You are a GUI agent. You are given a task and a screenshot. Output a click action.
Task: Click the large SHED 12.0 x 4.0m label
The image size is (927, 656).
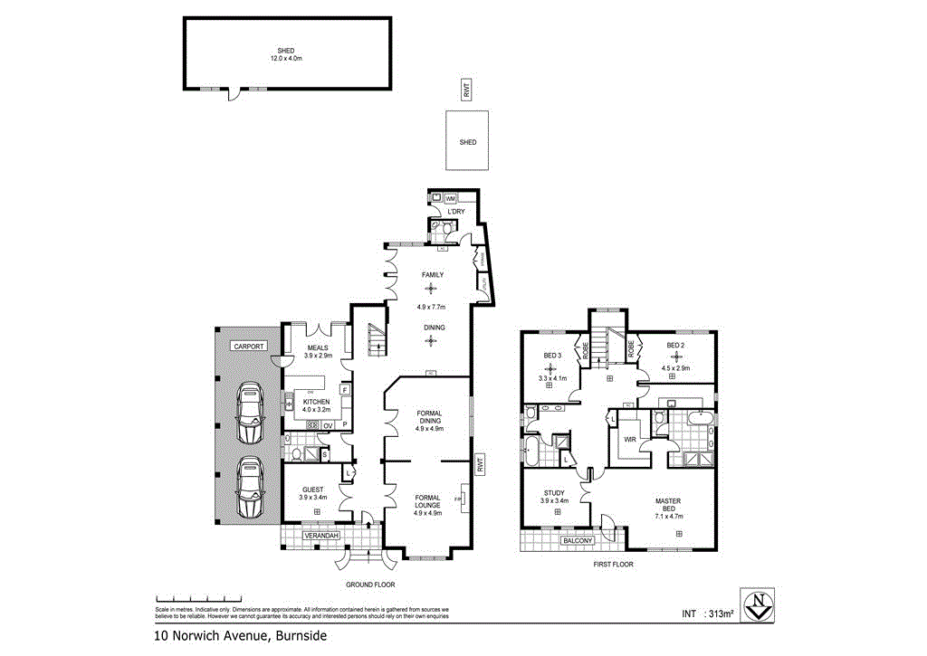pyautogui.click(x=287, y=54)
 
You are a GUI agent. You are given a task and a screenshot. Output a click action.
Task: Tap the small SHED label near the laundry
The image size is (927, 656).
pyautogui.click(x=468, y=142)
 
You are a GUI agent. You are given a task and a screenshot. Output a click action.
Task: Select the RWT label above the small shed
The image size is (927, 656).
pyautogui.click(x=467, y=90)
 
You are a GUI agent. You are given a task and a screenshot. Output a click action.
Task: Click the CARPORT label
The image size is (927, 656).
pyautogui.click(x=248, y=346)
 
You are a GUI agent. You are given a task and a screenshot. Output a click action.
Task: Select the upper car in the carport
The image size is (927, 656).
pyautogui.click(x=249, y=413)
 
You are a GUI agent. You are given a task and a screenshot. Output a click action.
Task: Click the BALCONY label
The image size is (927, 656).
pyautogui.click(x=577, y=540)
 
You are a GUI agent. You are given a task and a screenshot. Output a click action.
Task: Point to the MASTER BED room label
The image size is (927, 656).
pyautogui.click(x=669, y=508)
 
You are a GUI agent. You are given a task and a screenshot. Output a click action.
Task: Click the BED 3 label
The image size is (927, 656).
pyautogui.click(x=552, y=356)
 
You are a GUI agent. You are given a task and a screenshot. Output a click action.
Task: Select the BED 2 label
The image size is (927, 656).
pyautogui.click(x=675, y=346)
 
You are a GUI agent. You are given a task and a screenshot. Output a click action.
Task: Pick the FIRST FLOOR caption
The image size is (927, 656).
pyautogui.click(x=614, y=564)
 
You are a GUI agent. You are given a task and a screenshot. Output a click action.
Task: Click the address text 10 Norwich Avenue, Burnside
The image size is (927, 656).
pyautogui.click(x=239, y=636)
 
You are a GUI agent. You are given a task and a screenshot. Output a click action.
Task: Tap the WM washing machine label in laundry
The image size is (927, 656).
pyautogui.click(x=450, y=197)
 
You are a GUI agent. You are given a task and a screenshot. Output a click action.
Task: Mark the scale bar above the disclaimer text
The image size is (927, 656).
pyautogui.click(x=199, y=599)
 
